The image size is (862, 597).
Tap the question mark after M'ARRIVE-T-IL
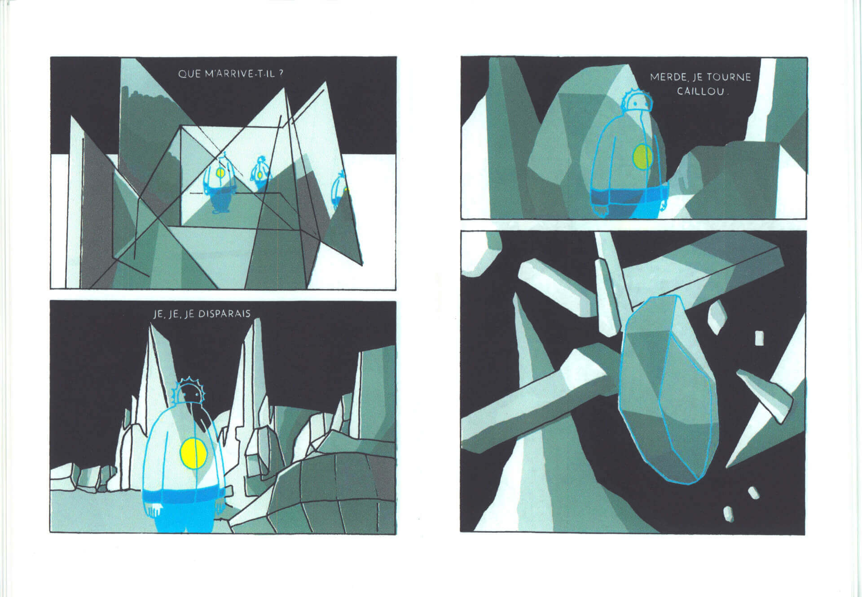tap(281, 74)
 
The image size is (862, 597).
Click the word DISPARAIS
tap(224, 314)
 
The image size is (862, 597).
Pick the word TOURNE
tap(729, 77)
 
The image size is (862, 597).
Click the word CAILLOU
tap(700, 92)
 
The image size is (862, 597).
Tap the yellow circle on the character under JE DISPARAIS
tap(193, 453)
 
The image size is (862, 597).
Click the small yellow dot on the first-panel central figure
tap(220, 172)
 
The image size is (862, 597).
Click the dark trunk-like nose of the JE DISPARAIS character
tap(204, 418)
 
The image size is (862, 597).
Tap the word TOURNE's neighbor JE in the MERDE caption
tap(697, 78)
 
